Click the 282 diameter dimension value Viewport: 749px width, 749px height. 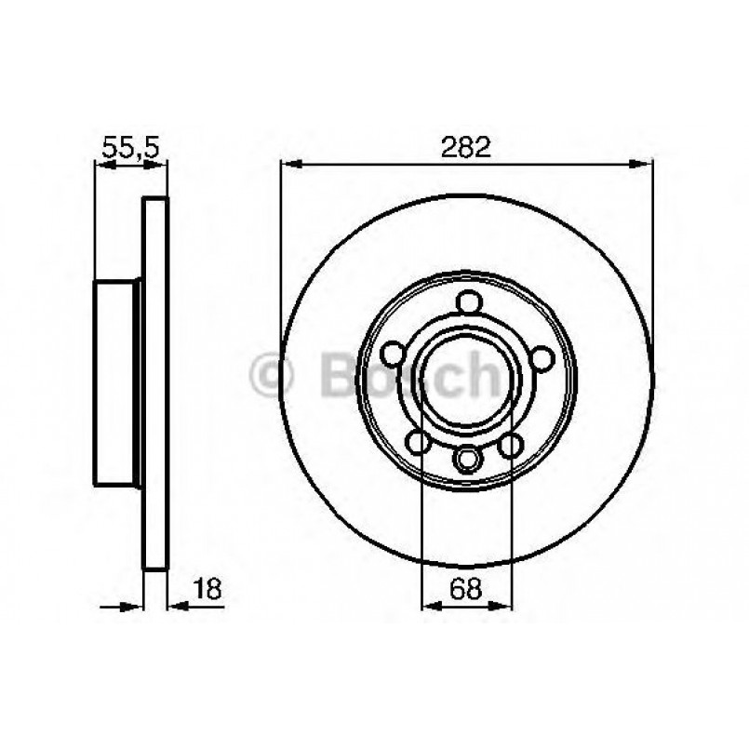coord(465,146)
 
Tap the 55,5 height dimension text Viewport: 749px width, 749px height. coord(131,146)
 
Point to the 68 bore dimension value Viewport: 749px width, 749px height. coord(467,588)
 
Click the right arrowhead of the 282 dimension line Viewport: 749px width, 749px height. coord(644,165)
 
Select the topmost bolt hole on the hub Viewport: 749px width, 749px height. coord(468,303)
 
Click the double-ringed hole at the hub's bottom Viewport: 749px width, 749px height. coord(467,458)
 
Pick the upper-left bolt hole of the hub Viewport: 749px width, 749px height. coord(395,352)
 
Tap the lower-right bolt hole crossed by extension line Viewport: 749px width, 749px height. coord(511,446)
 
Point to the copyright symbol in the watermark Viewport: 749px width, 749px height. coord(273,377)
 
